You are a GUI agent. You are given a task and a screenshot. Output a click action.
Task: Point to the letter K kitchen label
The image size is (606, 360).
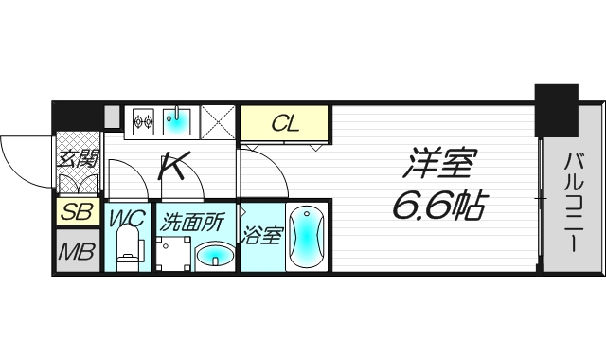click(x=172, y=167)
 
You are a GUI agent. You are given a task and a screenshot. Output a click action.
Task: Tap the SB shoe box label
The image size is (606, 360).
click(x=77, y=212)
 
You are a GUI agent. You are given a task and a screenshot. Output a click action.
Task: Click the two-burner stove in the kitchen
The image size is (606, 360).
click(x=142, y=120)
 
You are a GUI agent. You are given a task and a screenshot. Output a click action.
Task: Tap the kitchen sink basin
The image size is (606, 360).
click(x=177, y=120)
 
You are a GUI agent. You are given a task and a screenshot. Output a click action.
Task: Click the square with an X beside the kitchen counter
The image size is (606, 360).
click(x=218, y=122)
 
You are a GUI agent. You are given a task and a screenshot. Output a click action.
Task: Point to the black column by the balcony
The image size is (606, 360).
click(x=555, y=110)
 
